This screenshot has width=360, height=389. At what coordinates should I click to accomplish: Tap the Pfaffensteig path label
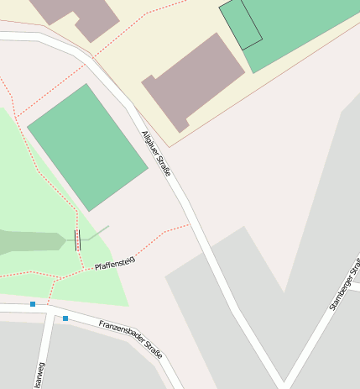coord(115,264)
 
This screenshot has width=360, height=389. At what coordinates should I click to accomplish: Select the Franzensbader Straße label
coord(130,337)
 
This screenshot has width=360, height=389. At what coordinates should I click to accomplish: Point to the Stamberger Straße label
coord(345,285)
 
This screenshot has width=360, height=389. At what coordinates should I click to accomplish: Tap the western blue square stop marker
coord(33,304)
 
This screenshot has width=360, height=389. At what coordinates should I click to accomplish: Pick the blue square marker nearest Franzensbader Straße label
coord(65,318)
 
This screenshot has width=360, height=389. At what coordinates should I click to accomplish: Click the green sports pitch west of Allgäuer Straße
coord(87,147)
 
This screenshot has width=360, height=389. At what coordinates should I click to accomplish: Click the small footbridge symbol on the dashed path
coord(78,240)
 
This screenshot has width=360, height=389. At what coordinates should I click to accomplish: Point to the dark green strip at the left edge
coord(29,242)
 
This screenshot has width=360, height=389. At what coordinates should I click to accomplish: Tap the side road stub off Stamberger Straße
coord(354,286)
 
